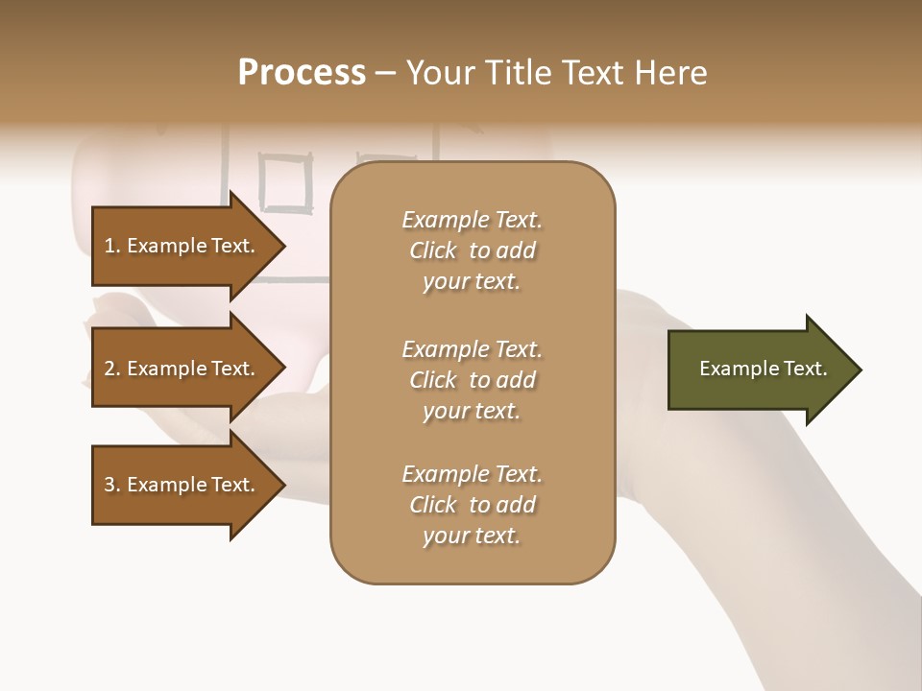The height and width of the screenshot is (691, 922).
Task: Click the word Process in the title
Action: pyautogui.click(x=302, y=73)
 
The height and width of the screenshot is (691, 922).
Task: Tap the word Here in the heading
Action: pyautogui.click(x=670, y=73)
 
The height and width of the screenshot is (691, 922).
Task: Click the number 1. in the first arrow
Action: pyautogui.click(x=112, y=246)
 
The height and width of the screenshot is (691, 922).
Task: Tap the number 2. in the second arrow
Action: pyautogui.click(x=112, y=369)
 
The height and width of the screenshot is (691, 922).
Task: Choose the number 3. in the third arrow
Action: pyautogui.click(x=112, y=485)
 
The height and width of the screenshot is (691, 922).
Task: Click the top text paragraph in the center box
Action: pyautogui.click(x=472, y=250)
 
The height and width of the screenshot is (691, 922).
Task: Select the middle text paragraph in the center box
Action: pyautogui.click(x=472, y=380)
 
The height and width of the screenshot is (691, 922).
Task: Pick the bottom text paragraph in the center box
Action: pyautogui.click(x=472, y=505)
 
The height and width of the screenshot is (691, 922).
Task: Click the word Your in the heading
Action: pyautogui.click(x=440, y=73)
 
